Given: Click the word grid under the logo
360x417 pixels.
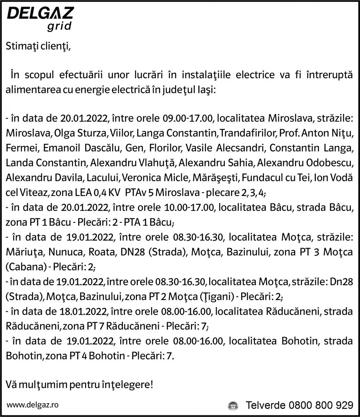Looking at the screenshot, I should tap(59, 27).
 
